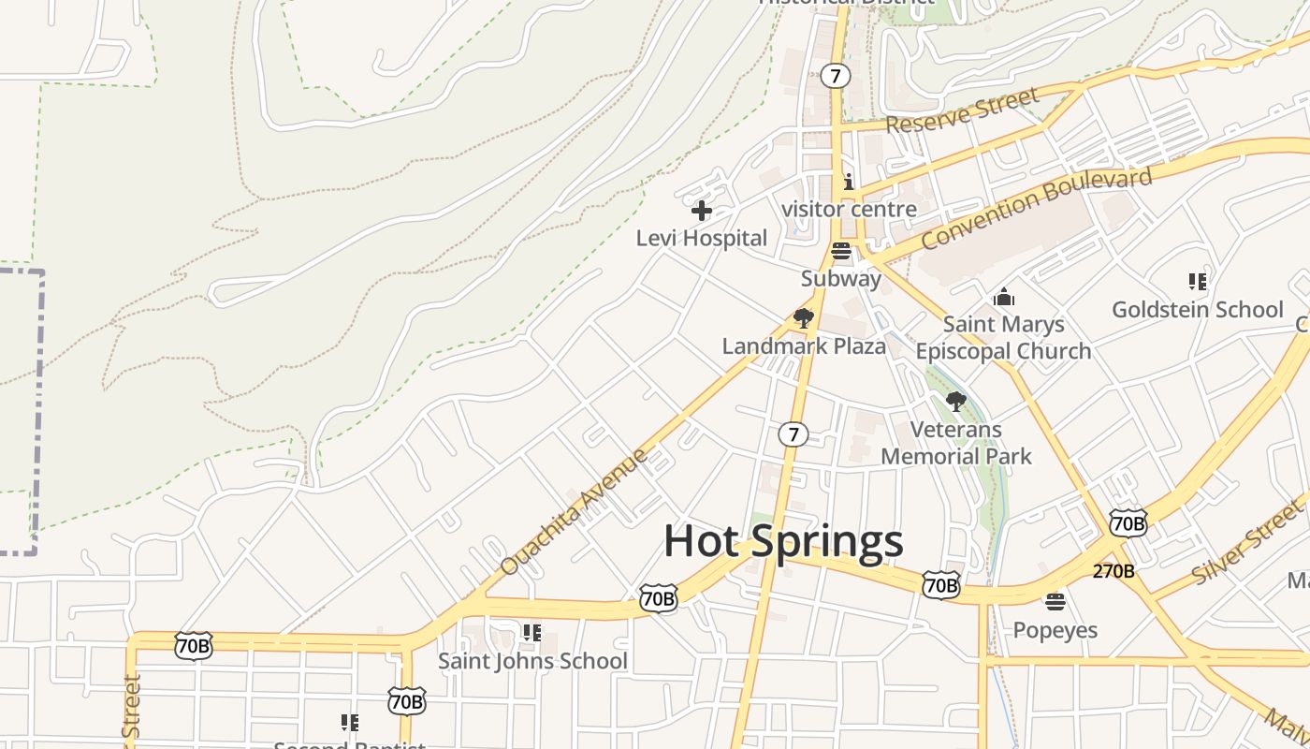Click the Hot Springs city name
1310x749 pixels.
783,541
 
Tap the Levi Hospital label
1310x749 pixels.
701,238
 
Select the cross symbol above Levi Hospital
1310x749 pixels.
701,211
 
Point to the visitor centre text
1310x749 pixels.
849,209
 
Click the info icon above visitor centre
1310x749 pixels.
849,182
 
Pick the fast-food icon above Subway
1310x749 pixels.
840,250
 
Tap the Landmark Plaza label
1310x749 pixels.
803,345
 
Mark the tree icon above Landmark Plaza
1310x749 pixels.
803,318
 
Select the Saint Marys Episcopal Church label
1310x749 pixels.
1003,338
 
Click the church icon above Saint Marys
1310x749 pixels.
1004,298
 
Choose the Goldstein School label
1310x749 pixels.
1197,309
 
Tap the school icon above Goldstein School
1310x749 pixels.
1197,281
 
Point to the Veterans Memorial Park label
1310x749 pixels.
956,443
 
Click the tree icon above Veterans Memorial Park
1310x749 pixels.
955,402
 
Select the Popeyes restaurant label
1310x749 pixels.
1055,629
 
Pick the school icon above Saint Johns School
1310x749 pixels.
532,633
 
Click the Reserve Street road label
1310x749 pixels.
962,110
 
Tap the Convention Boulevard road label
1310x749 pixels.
1036,208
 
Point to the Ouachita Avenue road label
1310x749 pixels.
574,511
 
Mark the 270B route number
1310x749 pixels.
1113,571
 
